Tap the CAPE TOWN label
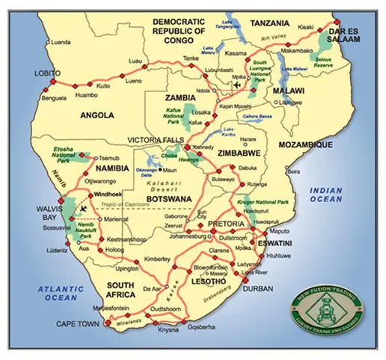77,324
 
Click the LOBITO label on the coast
47,73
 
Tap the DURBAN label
259,287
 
